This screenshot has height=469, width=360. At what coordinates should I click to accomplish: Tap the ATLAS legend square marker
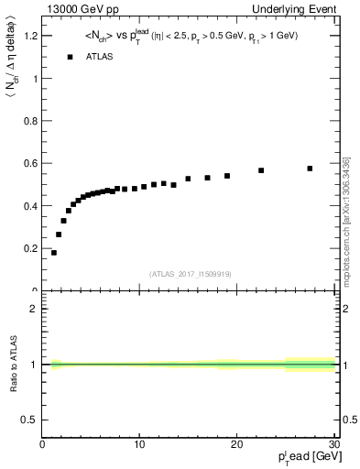[70, 57]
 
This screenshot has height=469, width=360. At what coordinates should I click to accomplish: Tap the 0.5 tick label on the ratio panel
[29, 420]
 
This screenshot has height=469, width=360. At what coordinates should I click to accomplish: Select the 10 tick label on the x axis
[139, 444]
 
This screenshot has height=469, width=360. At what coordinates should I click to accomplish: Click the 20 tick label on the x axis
[236, 444]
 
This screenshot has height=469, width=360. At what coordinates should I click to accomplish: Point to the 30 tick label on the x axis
[333, 444]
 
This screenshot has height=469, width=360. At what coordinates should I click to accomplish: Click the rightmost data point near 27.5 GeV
[310, 169]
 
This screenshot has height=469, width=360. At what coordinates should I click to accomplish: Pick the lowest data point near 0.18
[54, 253]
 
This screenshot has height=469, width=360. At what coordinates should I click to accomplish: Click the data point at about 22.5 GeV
[261, 170]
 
